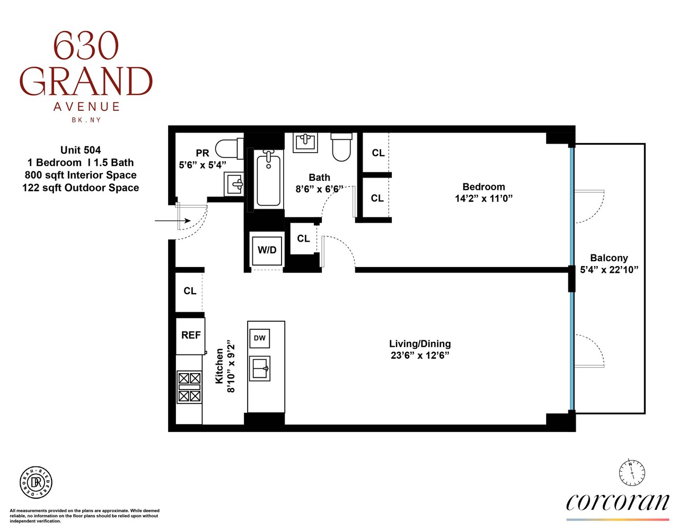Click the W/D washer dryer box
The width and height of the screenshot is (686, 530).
(267, 250)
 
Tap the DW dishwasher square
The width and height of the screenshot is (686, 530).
(259, 338)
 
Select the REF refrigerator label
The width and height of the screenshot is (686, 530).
(191, 335)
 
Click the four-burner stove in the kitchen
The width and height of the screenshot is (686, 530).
(189, 387)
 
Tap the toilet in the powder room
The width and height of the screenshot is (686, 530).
(228, 148)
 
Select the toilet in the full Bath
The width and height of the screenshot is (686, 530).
(341, 147)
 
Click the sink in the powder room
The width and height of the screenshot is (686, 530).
(234, 184)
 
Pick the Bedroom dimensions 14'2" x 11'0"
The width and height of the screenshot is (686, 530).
(483, 199)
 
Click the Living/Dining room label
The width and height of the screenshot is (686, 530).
(420, 343)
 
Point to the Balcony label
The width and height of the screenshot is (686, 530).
(609, 258)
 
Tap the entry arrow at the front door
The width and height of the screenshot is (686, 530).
(173, 220)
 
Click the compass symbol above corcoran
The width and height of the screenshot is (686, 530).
(632, 472)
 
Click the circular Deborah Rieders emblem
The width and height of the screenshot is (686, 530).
(36, 482)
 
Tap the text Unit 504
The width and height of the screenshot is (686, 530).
(81, 150)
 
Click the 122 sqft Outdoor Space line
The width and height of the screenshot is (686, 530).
(81, 188)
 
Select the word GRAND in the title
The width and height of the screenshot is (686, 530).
(86, 82)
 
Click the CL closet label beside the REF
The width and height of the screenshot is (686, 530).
(190, 291)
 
